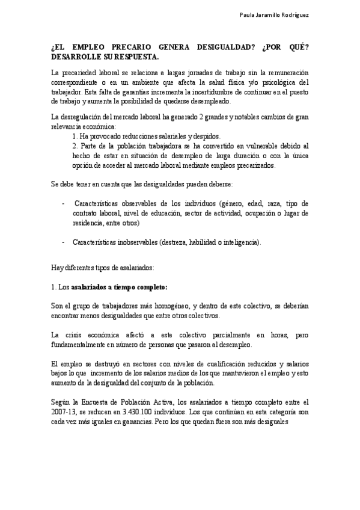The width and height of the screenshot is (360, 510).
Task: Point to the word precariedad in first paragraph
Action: pyautogui.click(x=79, y=73)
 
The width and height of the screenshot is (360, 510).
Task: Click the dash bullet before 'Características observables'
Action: pyautogui.click(x=64, y=204)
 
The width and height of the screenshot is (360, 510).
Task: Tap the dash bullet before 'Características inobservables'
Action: pyautogui.click(x=64, y=242)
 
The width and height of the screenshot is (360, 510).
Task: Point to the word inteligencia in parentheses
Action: pyautogui.click(x=240, y=242)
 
